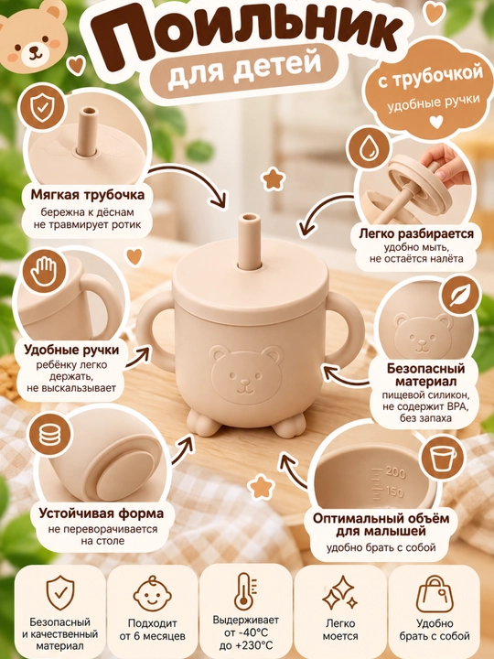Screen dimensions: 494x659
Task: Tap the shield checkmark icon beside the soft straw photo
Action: (x=42, y=108)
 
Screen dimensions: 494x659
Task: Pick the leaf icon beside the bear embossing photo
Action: (x=460, y=297)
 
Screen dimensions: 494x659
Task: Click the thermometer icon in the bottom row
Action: (x=245, y=591)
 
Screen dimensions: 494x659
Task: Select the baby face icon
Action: (x=152, y=593)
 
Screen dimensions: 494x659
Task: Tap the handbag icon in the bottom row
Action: (x=435, y=593)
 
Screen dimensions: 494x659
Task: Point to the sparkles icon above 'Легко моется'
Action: (x=339, y=592)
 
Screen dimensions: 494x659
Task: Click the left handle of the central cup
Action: (x=155, y=332)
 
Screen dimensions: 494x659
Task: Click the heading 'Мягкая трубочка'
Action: (x=88, y=195)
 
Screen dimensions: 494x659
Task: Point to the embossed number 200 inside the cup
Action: (x=395, y=472)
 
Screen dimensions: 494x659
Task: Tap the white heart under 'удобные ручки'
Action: (x=436, y=122)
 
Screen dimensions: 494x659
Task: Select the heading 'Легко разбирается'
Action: (x=416, y=233)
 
